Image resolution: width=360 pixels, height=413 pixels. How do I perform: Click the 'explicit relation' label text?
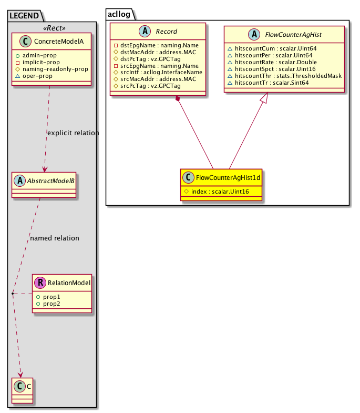pos(73,133)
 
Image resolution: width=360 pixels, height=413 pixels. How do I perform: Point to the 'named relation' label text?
pos(55,238)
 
